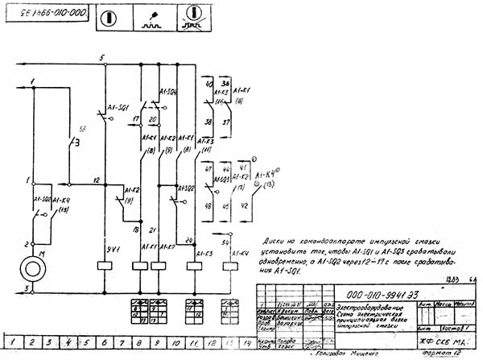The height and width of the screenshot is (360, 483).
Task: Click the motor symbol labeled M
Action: [x=33, y=267]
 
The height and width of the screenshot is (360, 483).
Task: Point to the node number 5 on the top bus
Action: [x=101, y=59]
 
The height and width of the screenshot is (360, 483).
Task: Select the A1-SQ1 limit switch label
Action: [x=119, y=107]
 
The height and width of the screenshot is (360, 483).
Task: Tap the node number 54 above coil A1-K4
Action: [x=226, y=241]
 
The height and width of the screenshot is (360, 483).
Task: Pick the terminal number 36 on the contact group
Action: [x=225, y=83]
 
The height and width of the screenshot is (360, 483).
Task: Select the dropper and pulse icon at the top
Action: [x=149, y=16]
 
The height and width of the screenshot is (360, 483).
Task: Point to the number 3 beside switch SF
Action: [x=75, y=143]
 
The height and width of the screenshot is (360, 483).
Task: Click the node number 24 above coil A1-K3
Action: [x=188, y=238]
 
